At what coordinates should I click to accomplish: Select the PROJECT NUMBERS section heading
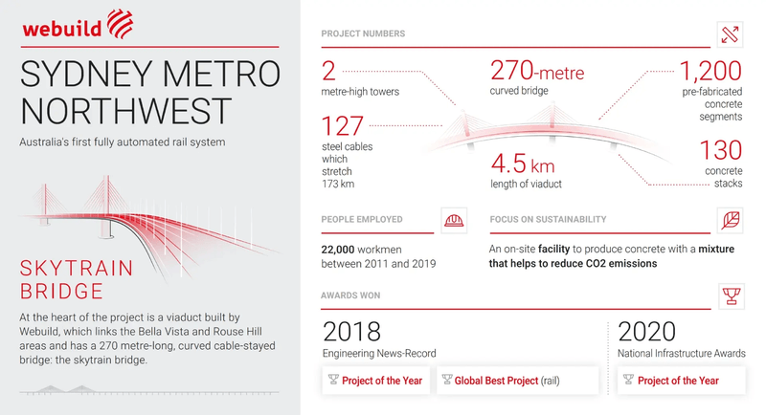pyautogui.click(x=363, y=34)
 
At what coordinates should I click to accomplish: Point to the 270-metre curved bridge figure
pyautogui.click(x=536, y=72)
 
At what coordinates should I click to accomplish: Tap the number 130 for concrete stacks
pyautogui.click(x=720, y=151)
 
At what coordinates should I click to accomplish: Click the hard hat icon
pyautogui.click(x=454, y=220)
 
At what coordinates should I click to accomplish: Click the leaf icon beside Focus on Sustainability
pyautogui.click(x=731, y=220)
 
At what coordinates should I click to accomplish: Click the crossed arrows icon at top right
pyautogui.click(x=731, y=34)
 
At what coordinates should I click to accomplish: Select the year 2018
pyautogui.click(x=352, y=332)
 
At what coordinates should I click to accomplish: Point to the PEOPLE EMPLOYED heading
pyautogui.click(x=362, y=220)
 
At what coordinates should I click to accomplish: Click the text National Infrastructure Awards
pyautogui.click(x=681, y=354)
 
